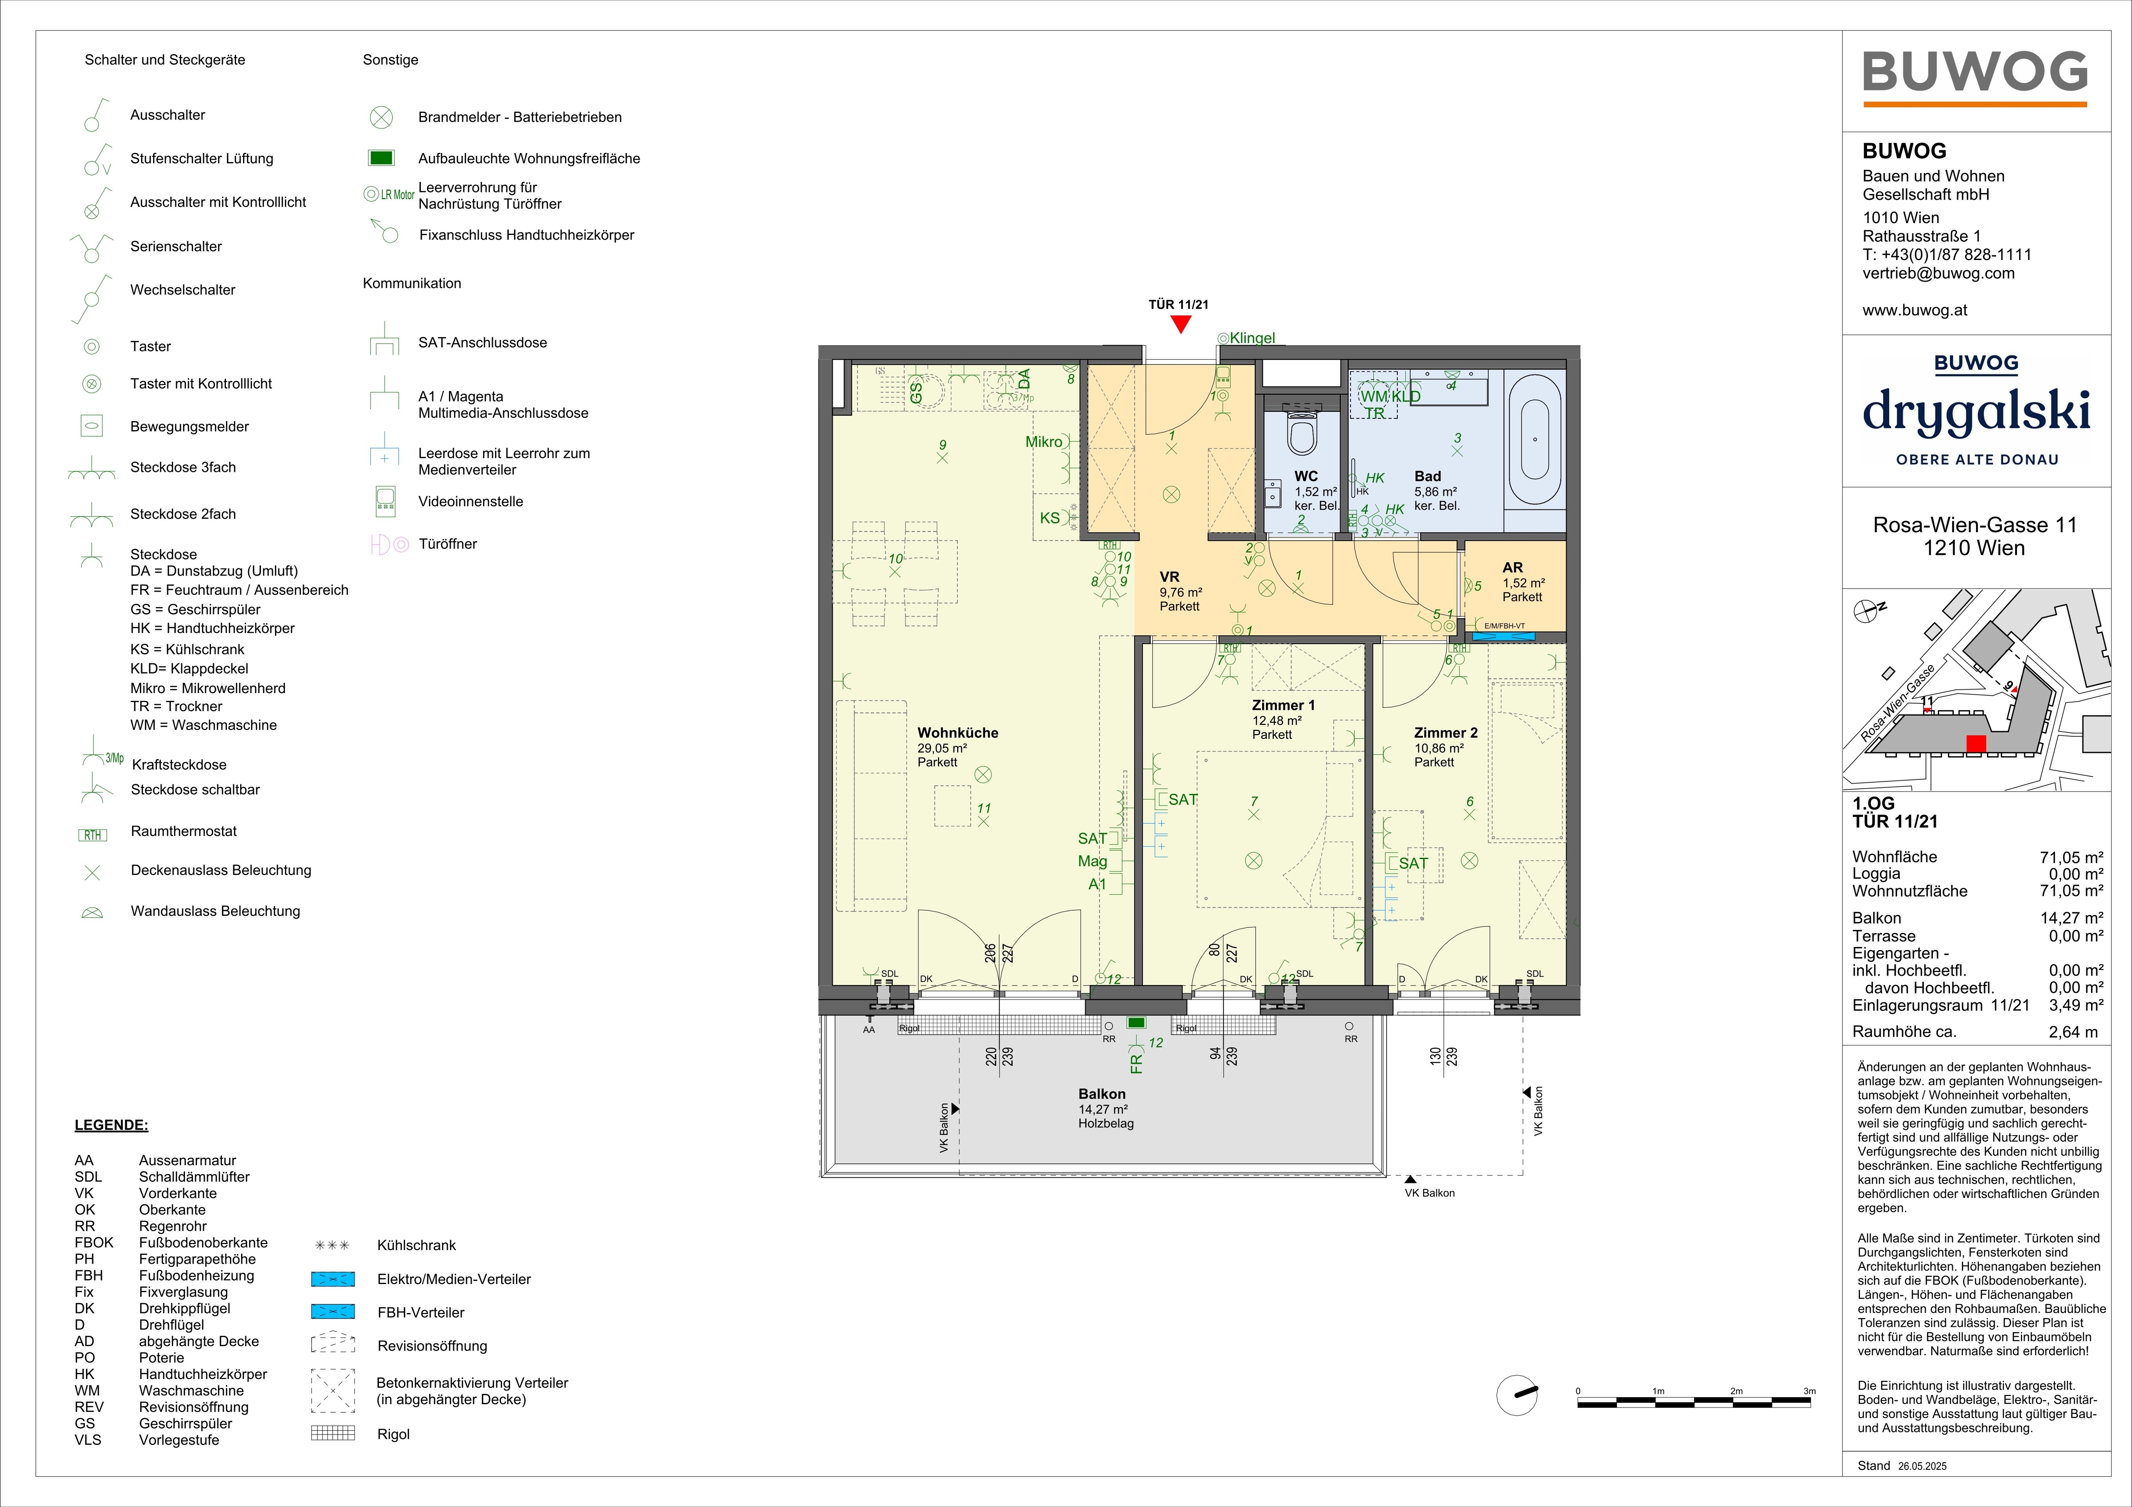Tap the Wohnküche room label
pos(957,732)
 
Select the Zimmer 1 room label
pos(1283,705)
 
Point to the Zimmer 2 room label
pos(1446,732)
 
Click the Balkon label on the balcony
pos(1102,1094)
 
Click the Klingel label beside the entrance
pos(1252,338)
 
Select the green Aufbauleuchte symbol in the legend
pos(382,158)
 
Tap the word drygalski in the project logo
pos(1976,411)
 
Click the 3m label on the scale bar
pos(1809,1391)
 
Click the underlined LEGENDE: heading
pos(111,1125)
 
